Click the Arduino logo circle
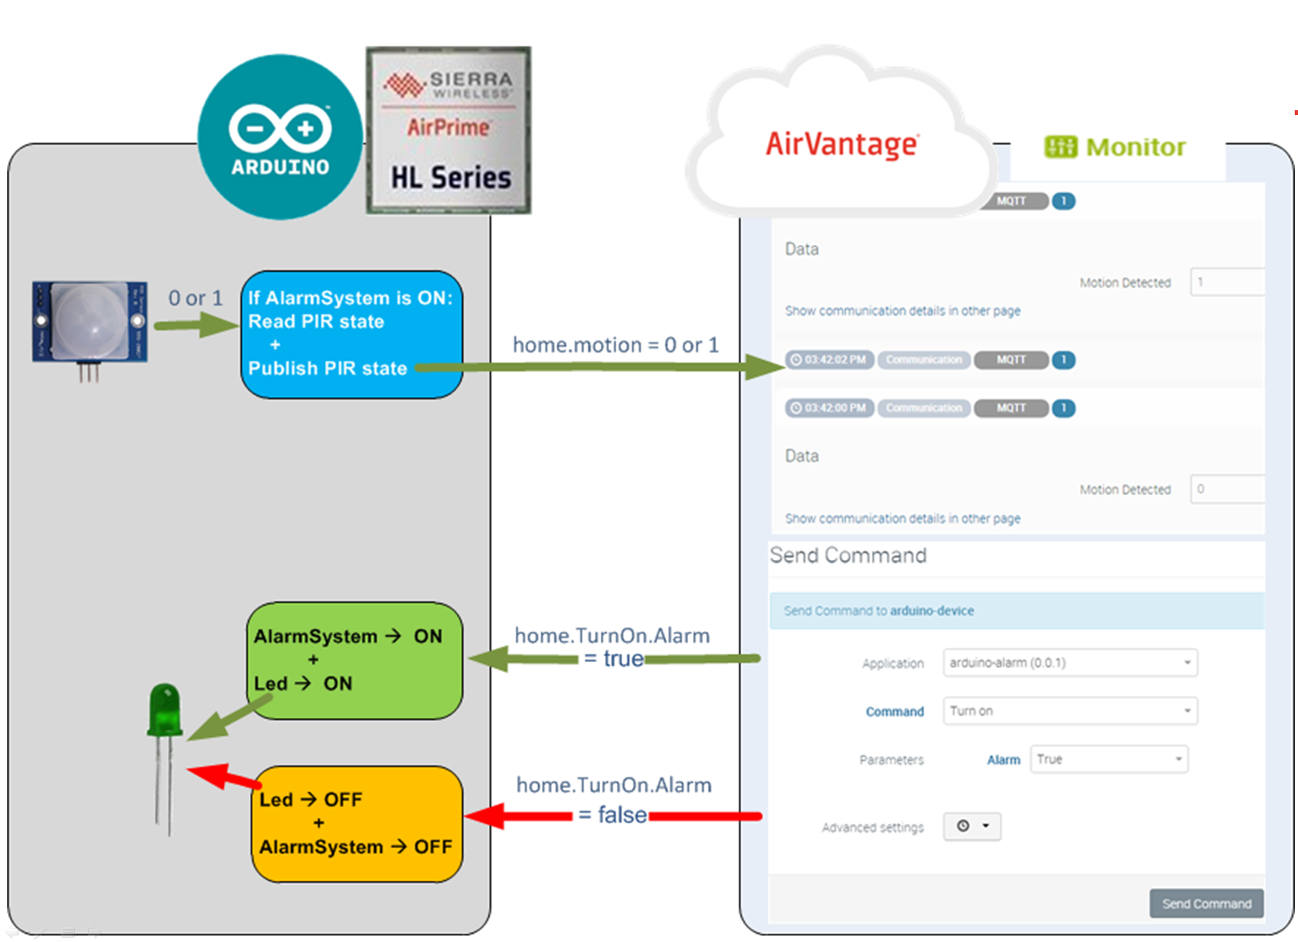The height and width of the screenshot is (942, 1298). click(x=280, y=137)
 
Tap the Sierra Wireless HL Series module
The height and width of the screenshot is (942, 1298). click(x=449, y=131)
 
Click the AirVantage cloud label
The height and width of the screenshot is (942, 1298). click(x=842, y=144)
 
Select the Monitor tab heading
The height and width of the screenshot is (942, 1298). click(x=1115, y=147)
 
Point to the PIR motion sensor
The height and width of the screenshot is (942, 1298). click(x=90, y=323)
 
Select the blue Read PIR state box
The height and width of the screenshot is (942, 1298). click(x=352, y=334)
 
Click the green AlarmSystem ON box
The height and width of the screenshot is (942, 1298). click(x=355, y=660)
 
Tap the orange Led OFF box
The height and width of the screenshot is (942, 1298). click(x=358, y=824)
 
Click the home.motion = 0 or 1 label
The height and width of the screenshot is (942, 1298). click(x=616, y=345)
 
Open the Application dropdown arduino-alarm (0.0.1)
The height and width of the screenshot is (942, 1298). click(x=1069, y=663)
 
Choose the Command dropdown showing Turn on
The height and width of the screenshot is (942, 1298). click(x=1069, y=711)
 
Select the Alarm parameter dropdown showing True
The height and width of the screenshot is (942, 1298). click(x=1109, y=759)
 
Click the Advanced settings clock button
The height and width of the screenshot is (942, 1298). click(x=972, y=826)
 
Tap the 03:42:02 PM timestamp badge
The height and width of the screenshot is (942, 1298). click(x=829, y=360)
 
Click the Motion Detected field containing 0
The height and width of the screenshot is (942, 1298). click(x=1227, y=489)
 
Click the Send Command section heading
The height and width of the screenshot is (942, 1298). click(x=848, y=556)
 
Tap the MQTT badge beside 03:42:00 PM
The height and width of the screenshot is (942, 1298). click(x=1011, y=408)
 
